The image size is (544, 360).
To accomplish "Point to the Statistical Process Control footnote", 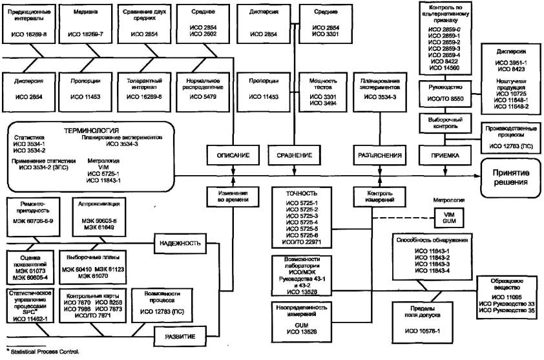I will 41,352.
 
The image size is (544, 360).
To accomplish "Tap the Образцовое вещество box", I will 507,298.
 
